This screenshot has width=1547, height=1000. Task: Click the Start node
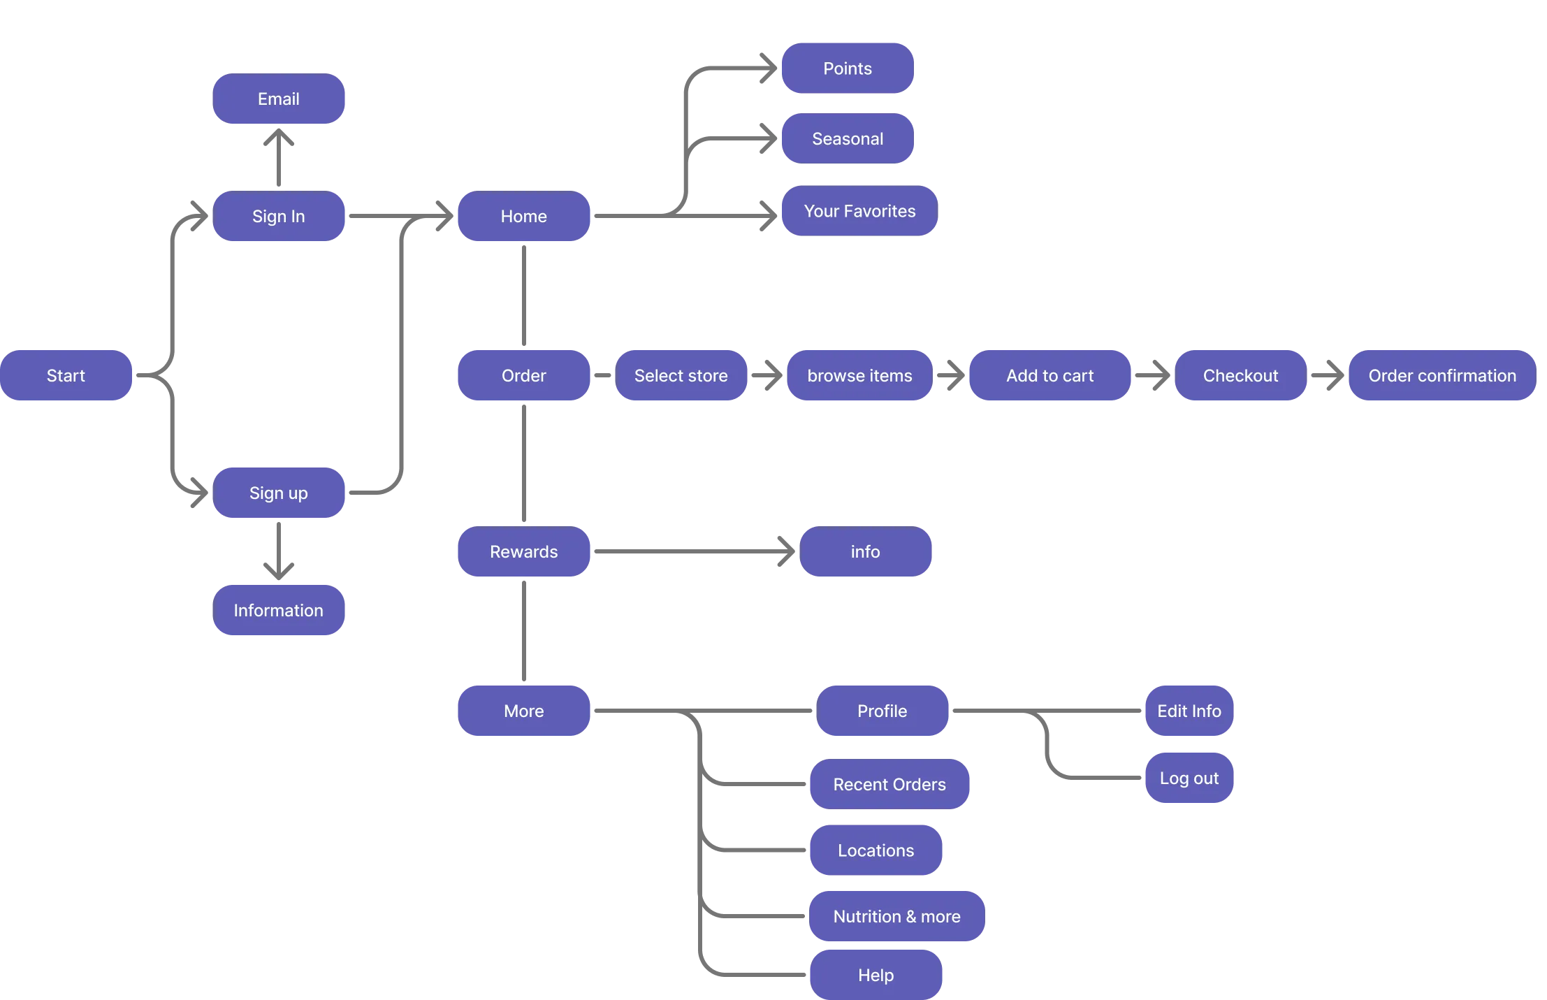click(x=66, y=375)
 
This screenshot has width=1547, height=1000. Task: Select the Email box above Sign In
click(x=279, y=99)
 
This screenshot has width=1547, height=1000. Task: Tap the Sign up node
click(x=279, y=493)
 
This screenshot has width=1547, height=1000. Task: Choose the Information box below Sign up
click(x=279, y=610)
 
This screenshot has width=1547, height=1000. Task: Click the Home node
click(x=523, y=217)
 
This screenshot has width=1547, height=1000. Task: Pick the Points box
click(x=847, y=68)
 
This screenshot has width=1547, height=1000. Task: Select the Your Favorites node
click(x=859, y=211)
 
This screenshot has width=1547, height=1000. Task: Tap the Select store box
click(x=681, y=375)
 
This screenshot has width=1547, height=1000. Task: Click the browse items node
click(x=859, y=375)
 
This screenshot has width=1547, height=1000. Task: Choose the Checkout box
click(x=1240, y=375)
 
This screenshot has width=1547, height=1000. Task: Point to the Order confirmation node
click(x=1441, y=375)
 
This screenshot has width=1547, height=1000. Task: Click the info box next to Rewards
click(x=865, y=551)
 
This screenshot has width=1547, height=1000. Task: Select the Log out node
click(x=1189, y=778)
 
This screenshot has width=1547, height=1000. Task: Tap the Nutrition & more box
click(x=896, y=916)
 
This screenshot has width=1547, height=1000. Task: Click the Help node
click(x=876, y=975)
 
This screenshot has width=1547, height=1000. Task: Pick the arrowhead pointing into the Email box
click(x=279, y=140)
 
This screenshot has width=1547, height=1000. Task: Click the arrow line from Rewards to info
click(x=685, y=551)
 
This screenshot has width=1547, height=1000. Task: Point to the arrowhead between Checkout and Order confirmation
click(x=1333, y=375)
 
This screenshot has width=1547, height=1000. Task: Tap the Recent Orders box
click(x=889, y=784)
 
